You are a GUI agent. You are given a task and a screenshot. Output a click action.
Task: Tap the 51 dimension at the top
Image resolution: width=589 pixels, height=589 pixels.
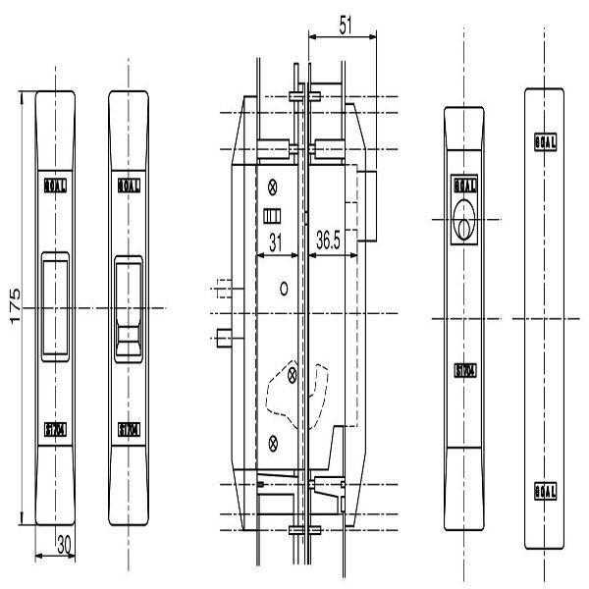click(x=343, y=27)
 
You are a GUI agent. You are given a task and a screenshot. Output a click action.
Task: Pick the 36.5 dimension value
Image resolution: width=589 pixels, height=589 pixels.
click(x=335, y=241)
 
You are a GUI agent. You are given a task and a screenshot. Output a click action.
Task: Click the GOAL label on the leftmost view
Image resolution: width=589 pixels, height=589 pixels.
click(x=56, y=184)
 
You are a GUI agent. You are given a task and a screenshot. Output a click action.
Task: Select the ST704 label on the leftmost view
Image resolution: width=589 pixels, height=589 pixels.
click(x=56, y=429)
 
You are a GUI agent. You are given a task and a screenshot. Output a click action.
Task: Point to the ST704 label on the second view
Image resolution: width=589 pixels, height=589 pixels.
click(x=129, y=429)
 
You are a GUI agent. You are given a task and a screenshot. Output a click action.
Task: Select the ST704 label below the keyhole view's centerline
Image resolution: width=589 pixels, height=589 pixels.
click(x=464, y=370)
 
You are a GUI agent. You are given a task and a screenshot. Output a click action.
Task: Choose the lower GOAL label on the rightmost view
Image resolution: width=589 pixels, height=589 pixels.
click(x=546, y=489)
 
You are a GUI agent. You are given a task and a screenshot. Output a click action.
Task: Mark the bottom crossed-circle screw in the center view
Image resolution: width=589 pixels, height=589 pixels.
click(x=273, y=438)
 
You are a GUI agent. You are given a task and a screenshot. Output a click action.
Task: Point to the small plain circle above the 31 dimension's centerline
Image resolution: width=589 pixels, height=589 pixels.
click(x=283, y=288)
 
